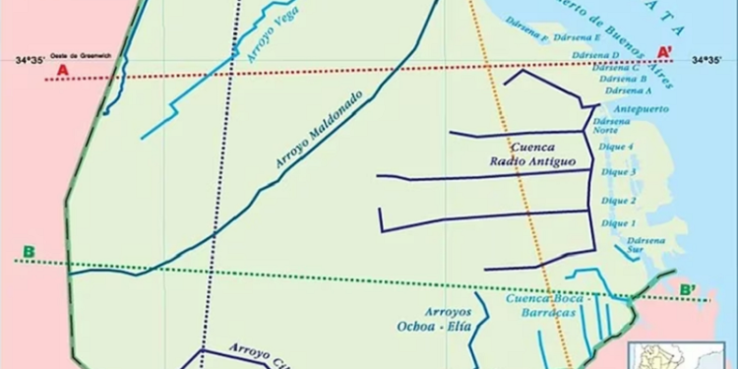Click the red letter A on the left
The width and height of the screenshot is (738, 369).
62,70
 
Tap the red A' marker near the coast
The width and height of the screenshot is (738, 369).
665,51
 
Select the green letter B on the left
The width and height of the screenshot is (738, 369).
29,253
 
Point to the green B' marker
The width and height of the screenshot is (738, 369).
687,289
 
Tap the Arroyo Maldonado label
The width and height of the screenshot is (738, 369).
319,131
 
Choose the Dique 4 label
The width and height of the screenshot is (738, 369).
617,148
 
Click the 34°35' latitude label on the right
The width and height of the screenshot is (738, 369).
709,61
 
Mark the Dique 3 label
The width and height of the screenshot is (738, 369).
617,173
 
